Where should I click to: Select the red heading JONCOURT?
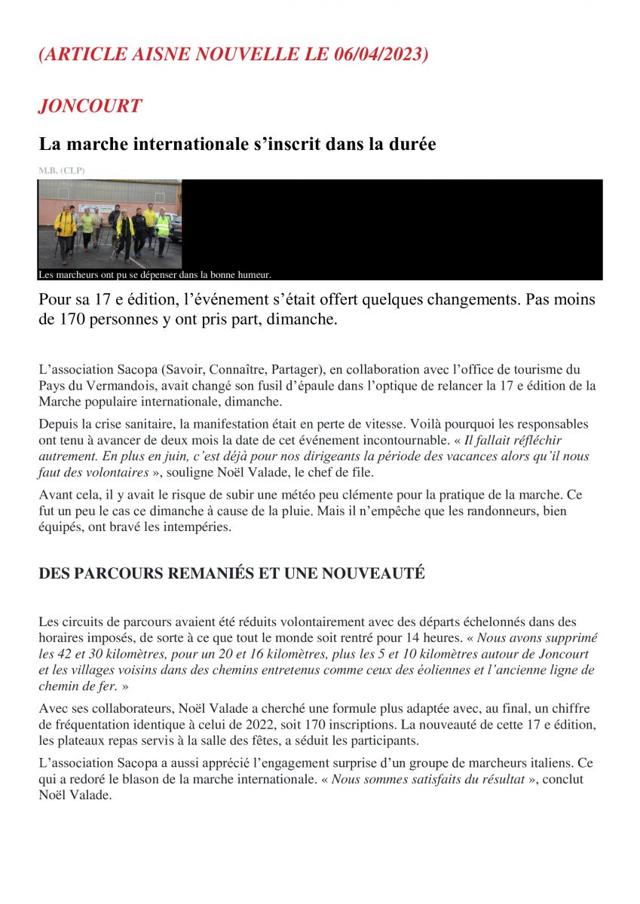(x=90, y=106)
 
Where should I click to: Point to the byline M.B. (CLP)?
(x=62, y=171)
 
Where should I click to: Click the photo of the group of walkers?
(x=110, y=224)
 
